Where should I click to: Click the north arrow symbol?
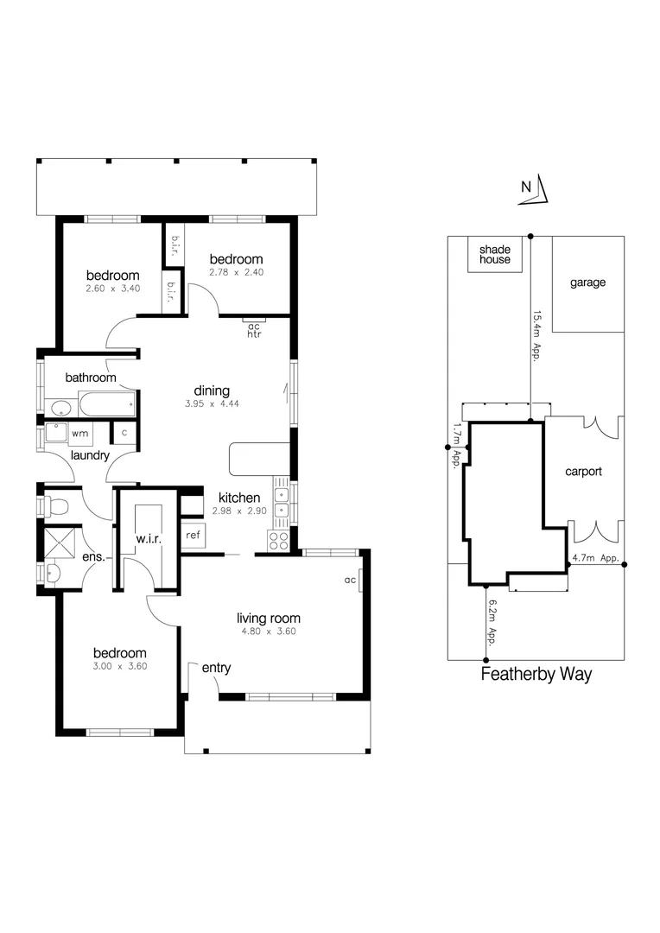click(x=530, y=192)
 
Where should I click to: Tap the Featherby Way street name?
click(x=536, y=675)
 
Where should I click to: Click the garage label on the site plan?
click(x=587, y=282)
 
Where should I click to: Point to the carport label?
click(x=583, y=472)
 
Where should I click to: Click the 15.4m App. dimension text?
click(x=536, y=335)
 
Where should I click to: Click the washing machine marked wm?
click(x=79, y=432)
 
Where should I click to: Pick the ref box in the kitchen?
click(x=193, y=536)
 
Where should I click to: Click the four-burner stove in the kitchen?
click(x=280, y=541)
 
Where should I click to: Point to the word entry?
click(x=216, y=668)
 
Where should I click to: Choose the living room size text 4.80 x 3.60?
click(x=269, y=632)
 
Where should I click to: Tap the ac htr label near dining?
click(x=254, y=330)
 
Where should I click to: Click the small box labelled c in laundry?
click(x=124, y=432)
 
